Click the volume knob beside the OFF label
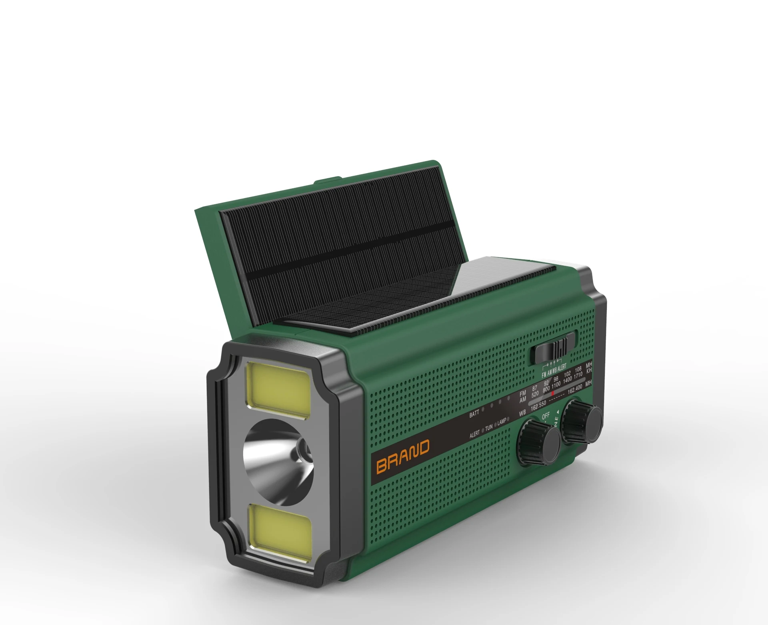point(538,442)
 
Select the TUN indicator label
point(489,427)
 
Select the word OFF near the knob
point(546,416)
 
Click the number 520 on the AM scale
point(535,394)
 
